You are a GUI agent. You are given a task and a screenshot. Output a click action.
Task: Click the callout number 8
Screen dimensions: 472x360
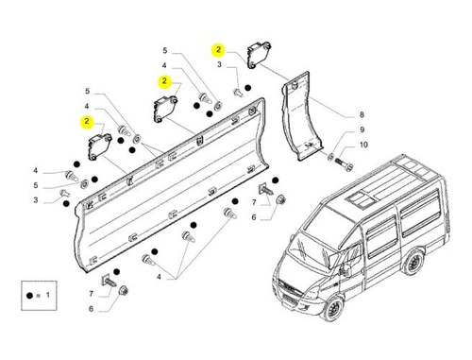[x=362, y=115]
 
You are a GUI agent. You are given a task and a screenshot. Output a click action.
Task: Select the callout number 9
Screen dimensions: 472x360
[x=362, y=129]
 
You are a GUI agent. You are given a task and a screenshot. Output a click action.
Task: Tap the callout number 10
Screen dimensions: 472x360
[x=363, y=145]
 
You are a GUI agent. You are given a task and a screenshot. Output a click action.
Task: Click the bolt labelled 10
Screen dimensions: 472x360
[x=344, y=163]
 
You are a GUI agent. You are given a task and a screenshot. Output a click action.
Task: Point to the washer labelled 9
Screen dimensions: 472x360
[x=331, y=156]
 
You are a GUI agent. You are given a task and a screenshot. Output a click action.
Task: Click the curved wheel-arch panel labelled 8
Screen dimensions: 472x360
[x=301, y=116]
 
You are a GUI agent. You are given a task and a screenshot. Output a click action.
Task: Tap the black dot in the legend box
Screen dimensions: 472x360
[x=29, y=296]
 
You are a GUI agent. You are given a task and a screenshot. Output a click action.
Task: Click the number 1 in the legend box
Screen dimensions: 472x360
[x=48, y=295]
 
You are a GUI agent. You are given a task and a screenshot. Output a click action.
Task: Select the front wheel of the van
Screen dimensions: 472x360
[x=333, y=308]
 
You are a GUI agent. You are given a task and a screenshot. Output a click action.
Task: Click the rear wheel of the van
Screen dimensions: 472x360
[x=413, y=262]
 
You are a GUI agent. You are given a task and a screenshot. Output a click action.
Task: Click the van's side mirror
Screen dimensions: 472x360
[x=347, y=269]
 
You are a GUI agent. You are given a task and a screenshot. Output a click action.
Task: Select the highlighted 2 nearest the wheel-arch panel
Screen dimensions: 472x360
[x=218, y=50]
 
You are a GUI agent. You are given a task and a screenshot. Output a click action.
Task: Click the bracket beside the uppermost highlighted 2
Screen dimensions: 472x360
[x=258, y=54]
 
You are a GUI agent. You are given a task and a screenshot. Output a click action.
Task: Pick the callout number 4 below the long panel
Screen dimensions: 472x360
[x=159, y=277]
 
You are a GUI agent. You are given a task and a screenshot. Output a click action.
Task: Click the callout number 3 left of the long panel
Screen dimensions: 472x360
[x=36, y=200]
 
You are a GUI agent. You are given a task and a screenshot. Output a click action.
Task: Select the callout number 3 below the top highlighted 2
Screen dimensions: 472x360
[x=219, y=64]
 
